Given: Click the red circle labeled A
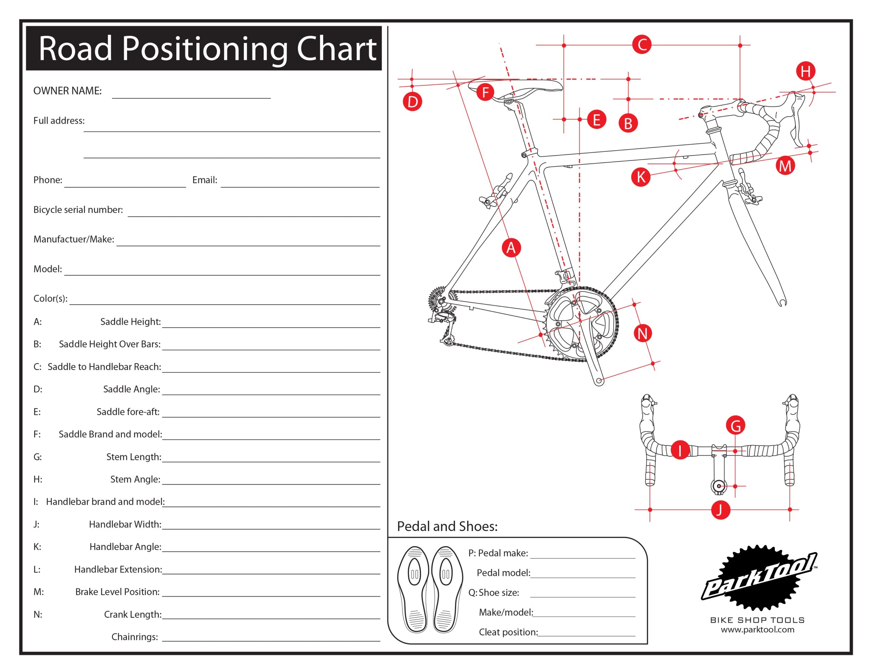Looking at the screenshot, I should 511,248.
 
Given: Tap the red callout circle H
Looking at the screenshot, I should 805,72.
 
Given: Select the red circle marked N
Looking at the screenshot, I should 643,333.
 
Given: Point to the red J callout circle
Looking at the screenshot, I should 720,510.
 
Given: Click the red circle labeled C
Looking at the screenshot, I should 642,45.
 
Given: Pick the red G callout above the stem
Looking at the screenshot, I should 735,425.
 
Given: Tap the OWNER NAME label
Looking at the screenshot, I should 67,91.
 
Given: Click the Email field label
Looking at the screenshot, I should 205,180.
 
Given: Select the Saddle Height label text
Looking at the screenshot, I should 130,322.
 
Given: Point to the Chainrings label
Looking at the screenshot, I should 135,637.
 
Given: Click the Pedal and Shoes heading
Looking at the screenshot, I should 447,527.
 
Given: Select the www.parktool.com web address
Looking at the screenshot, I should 757,630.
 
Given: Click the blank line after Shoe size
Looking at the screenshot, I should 582,596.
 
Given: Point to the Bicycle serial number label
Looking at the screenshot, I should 78,210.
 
